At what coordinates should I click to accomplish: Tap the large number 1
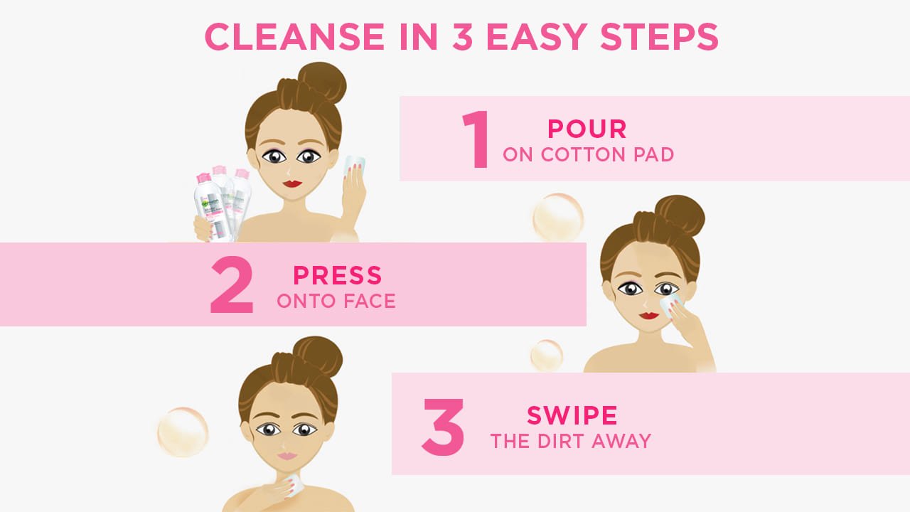pyautogui.click(x=476, y=139)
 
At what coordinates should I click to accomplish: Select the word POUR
pyautogui.click(x=587, y=129)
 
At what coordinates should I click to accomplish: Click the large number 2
pyautogui.click(x=232, y=286)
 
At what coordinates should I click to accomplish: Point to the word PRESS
pyautogui.click(x=338, y=275)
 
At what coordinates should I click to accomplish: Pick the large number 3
pyautogui.click(x=443, y=426)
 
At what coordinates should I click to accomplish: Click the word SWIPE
pyautogui.click(x=572, y=415)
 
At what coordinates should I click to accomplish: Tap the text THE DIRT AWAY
pyautogui.click(x=571, y=442)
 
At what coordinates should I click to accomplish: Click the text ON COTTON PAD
pyautogui.click(x=589, y=154)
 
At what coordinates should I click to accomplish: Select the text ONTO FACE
pyautogui.click(x=336, y=301)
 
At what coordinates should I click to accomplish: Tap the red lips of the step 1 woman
pyautogui.click(x=293, y=183)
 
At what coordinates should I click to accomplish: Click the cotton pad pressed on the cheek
pyautogui.click(x=670, y=304)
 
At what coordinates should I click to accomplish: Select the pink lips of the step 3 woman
pyautogui.click(x=287, y=455)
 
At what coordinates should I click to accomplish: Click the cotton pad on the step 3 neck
pyautogui.click(x=295, y=485)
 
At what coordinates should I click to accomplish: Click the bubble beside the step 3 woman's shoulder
pyautogui.click(x=183, y=432)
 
